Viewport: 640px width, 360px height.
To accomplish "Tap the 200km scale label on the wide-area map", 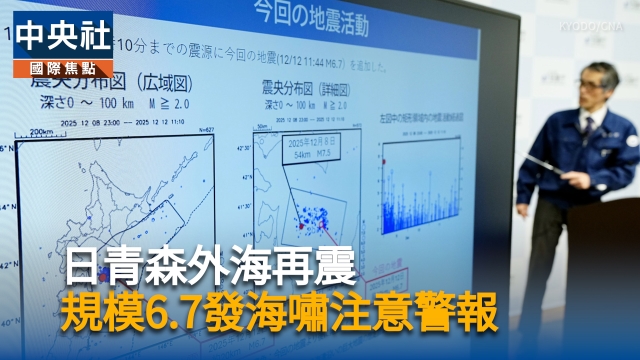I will point(42,131).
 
